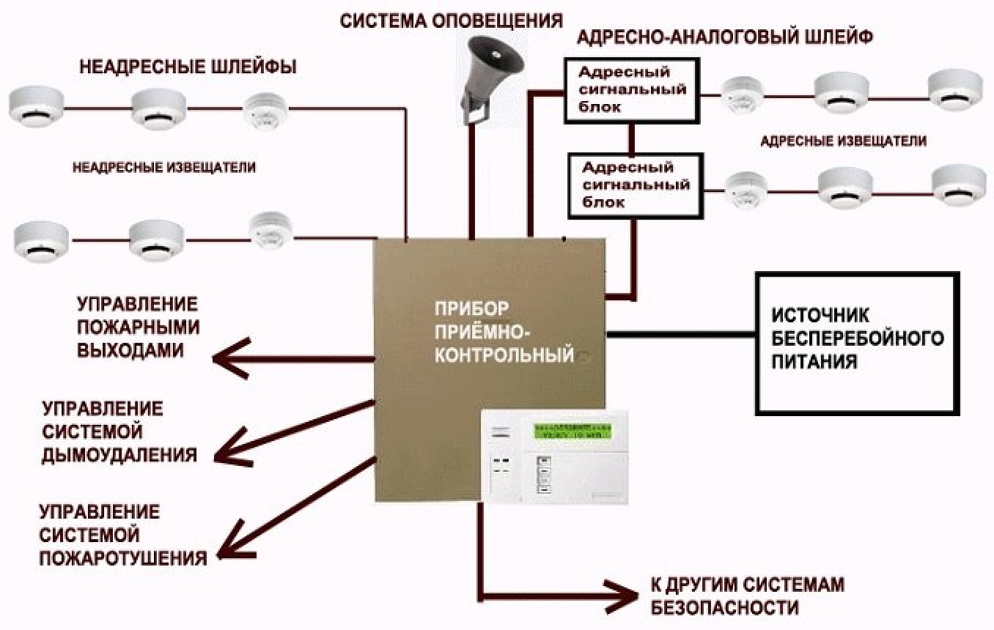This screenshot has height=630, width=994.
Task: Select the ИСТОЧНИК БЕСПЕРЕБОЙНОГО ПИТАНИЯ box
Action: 856,343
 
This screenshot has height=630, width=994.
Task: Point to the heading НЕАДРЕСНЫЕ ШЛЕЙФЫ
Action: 188,68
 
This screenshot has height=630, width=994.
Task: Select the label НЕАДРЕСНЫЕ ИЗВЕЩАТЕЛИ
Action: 164,167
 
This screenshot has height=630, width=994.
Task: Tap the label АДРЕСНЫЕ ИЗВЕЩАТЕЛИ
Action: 843,141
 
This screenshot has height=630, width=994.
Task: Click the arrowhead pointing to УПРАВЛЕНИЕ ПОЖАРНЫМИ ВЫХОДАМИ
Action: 227,358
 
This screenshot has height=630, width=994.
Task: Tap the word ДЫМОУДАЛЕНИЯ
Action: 119,454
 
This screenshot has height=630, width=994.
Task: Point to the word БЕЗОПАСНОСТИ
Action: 724,608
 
